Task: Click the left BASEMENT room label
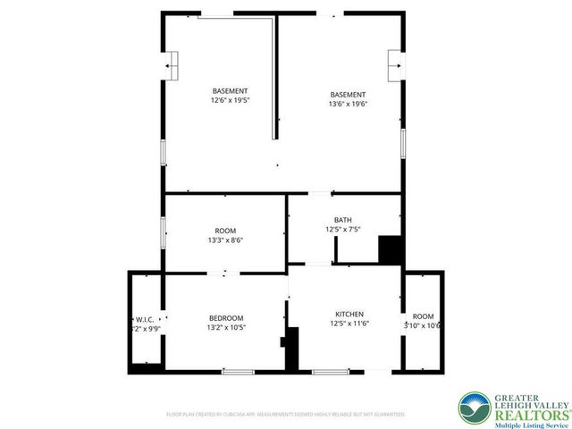point(230,90)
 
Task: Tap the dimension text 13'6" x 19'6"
point(348,105)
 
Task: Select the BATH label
point(343,220)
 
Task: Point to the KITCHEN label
point(349,314)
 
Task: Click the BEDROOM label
point(226,317)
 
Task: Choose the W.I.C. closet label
point(145,318)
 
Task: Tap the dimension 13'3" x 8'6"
point(225,240)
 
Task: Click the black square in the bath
point(390,248)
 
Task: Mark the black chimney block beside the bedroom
point(290,350)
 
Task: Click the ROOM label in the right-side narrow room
point(423,316)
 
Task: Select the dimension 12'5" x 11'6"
point(349,324)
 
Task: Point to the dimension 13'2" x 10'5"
point(226,327)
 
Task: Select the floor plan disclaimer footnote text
point(286,414)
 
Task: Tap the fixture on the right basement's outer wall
point(394,63)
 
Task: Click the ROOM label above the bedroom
point(225,231)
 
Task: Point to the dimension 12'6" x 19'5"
point(230,100)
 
